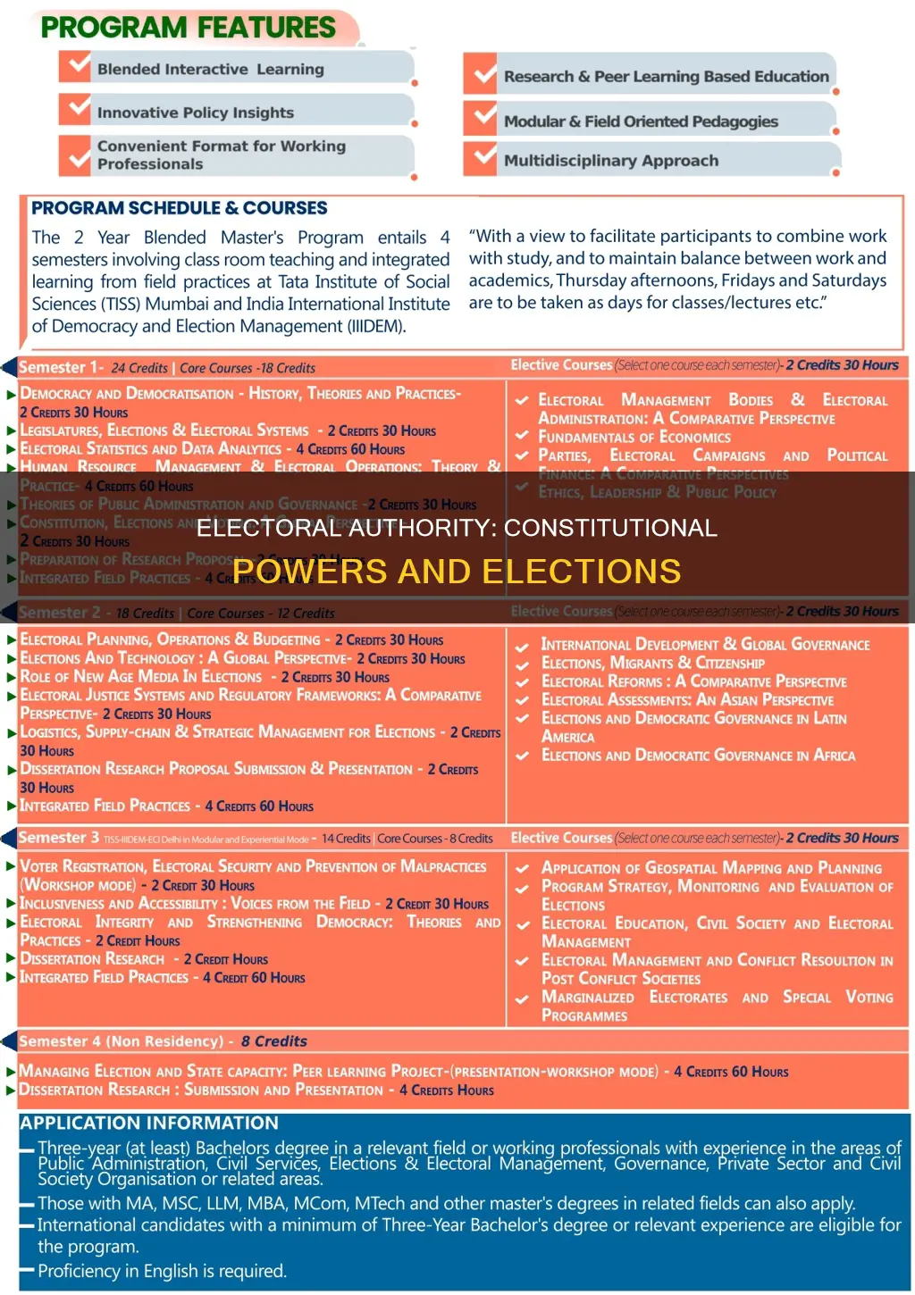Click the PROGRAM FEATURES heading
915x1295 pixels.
(x=189, y=28)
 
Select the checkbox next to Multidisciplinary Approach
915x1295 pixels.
(x=484, y=158)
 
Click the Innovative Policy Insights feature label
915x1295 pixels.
(x=195, y=113)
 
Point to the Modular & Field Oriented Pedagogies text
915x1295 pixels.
(x=640, y=121)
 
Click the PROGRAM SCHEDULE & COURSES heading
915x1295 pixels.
(x=179, y=208)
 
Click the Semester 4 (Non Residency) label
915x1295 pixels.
(x=121, y=1041)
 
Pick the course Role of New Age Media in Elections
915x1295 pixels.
(x=141, y=677)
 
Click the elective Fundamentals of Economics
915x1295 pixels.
(x=634, y=437)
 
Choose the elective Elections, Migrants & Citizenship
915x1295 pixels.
(x=652, y=663)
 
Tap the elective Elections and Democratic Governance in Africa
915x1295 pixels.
(x=698, y=756)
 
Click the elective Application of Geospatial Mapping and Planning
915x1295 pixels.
(x=711, y=868)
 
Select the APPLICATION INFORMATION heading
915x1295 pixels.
(x=149, y=1124)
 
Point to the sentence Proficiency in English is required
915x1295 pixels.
(x=162, y=1271)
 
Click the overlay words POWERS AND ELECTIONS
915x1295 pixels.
(x=457, y=572)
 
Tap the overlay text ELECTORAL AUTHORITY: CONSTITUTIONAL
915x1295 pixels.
(x=457, y=528)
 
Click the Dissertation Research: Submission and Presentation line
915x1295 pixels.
(x=201, y=1090)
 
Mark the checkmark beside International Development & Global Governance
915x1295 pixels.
(x=522, y=646)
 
